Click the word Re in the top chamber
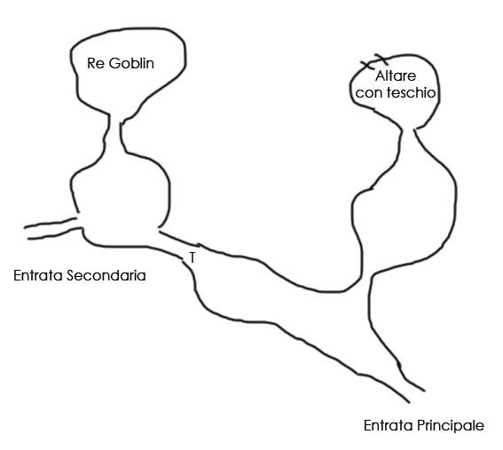[x=96, y=63]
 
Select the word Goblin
[x=131, y=63]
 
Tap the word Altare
[x=396, y=76]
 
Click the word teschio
[x=412, y=92]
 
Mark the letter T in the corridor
[x=192, y=257]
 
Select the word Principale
[x=451, y=426]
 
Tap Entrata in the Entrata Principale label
[x=389, y=426]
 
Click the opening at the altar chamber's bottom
[x=408, y=130]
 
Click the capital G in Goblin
[x=114, y=63]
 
